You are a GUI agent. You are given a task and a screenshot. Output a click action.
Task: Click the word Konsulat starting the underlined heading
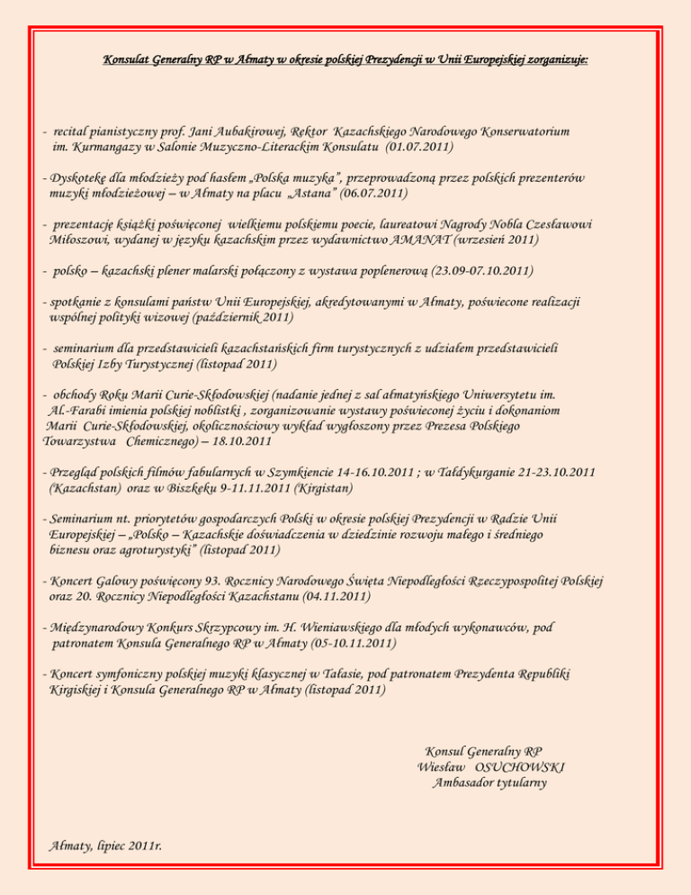(126, 61)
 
